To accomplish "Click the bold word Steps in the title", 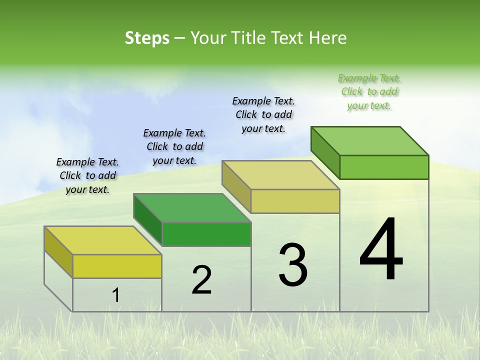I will click(147, 38).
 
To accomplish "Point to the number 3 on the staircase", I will click(293, 265).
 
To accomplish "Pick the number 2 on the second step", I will click(201, 280).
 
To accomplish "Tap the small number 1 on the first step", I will click(116, 295).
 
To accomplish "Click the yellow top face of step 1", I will click(102, 240).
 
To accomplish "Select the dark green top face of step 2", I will click(192, 208).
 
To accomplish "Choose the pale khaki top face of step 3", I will click(281, 175).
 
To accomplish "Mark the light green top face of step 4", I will click(370, 141).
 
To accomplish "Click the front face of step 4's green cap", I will click(384, 167).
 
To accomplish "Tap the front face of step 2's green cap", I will click(206, 234).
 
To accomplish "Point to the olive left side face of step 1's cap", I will click(58, 251).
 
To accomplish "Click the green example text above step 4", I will click(369, 92).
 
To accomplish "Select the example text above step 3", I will click(263, 115).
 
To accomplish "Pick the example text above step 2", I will click(174, 147).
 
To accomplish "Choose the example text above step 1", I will click(87, 176).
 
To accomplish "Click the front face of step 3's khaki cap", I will click(295, 201).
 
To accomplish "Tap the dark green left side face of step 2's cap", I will click(148, 219).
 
